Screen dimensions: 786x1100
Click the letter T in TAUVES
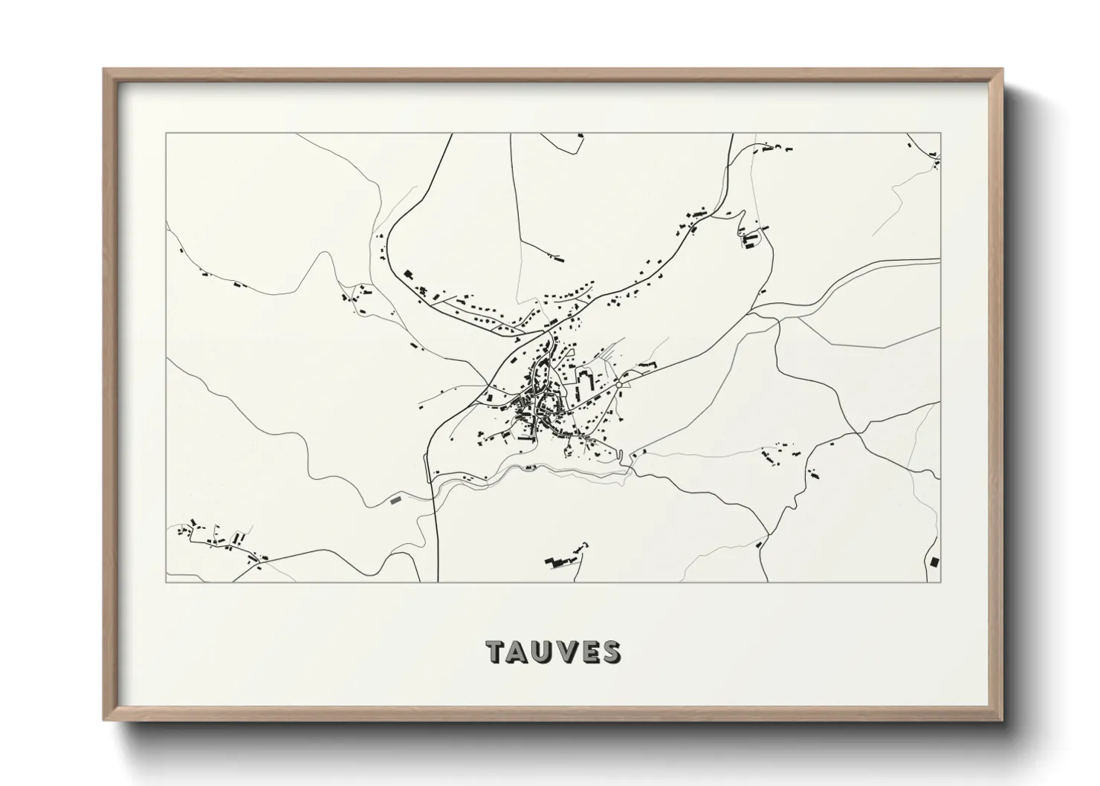[x=496, y=652]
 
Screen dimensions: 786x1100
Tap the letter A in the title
[x=520, y=652]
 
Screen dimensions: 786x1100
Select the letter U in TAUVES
[x=544, y=652]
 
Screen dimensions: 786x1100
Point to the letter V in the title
[x=567, y=652]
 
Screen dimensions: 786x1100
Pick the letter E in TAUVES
[x=589, y=652]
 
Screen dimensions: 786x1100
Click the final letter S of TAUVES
[x=611, y=652]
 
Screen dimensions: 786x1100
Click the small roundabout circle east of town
[x=618, y=385]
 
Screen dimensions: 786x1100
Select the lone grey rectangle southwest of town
[x=395, y=500]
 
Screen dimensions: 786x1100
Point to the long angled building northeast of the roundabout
[x=647, y=365]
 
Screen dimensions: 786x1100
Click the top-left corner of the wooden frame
[x=104, y=70]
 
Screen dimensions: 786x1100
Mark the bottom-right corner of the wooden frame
[x=1003, y=721]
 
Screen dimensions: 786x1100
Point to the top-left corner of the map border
[x=166, y=134]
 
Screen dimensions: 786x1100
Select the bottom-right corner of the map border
[x=940, y=582]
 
